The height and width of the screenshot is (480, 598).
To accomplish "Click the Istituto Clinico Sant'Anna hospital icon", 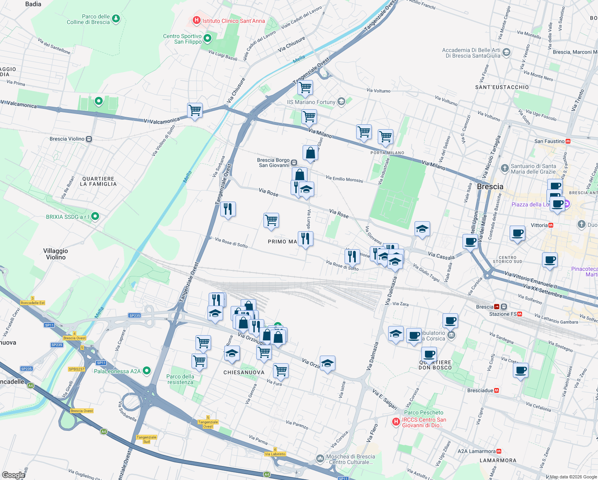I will (x=196, y=20).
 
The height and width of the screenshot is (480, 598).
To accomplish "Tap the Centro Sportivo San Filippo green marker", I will (x=207, y=38).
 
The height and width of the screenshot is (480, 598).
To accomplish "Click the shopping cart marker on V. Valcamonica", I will (x=195, y=110).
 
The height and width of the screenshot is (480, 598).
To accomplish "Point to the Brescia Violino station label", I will (x=67, y=139).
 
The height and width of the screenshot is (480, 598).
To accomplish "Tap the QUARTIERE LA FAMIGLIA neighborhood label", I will (x=98, y=181).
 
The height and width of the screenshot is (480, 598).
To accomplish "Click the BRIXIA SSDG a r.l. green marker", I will (x=95, y=216).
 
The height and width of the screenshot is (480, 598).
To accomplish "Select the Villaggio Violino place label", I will (x=56, y=254).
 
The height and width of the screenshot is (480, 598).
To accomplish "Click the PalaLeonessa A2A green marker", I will (x=147, y=371).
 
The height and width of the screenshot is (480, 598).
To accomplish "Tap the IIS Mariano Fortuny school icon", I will (x=341, y=102).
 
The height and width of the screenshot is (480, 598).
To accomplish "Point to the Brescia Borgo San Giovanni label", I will (x=273, y=162).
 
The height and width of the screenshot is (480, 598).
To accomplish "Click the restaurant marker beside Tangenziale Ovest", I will (x=228, y=209).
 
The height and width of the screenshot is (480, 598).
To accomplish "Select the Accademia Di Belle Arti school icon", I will (x=506, y=52).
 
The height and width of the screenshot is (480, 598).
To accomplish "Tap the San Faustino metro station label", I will (x=550, y=141).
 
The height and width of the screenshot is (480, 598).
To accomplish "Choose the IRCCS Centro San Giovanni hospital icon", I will (x=396, y=422).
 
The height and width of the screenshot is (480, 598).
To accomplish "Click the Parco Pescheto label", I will (x=424, y=412).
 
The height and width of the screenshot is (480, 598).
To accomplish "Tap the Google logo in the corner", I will (x=14, y=475).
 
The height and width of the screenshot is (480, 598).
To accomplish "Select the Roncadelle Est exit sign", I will (x=33, y=303).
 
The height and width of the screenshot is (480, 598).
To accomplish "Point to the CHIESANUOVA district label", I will (x=244, y=372).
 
